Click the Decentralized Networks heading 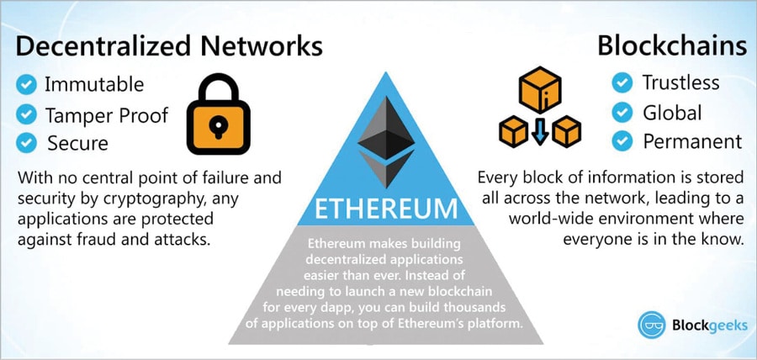coord(169,45)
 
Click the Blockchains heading coord(670,45)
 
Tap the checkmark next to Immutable coord(27,84)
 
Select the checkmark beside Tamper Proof coord(27,114)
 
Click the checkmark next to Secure coord(27,143)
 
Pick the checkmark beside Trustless coord(622,82)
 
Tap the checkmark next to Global coord(622,112)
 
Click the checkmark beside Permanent coord(622,141)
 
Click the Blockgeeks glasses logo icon coord(652,325)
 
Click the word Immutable coord(94,84)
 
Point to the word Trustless coord(681,82)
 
